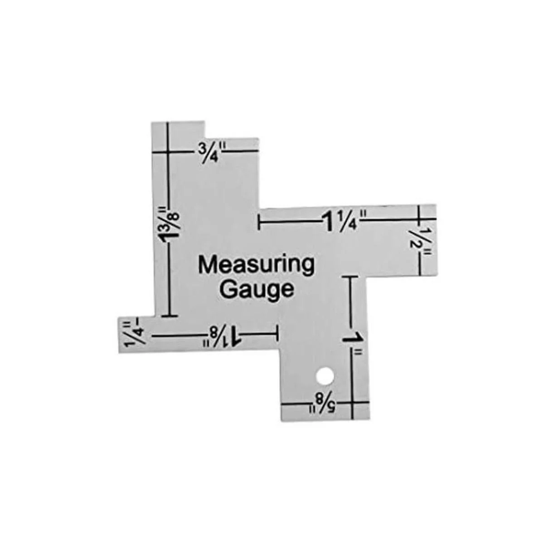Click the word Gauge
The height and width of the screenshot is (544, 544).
tap(257, 289)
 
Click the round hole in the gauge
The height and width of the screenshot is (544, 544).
tap(325, 375)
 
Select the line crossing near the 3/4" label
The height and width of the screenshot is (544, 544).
tap(168, 152)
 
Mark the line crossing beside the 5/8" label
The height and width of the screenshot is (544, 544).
tap(353, 403)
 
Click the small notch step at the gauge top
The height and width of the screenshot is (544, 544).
tap(205, 131)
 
